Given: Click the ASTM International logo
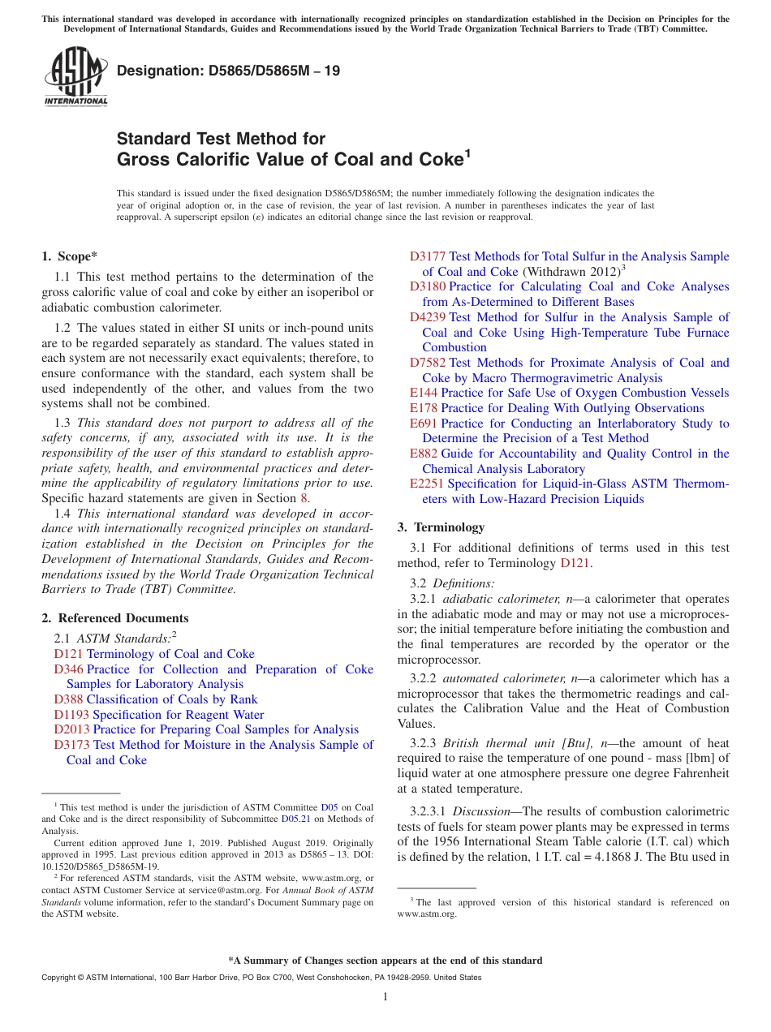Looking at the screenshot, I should [75, 78].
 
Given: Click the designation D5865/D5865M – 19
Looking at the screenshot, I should [228, 71].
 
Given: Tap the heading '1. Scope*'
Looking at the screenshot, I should [69, 256].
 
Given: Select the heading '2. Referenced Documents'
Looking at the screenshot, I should [114, 618].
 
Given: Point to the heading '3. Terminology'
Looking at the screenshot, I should [441, 527].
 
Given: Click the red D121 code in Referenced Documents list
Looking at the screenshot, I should [68, 654].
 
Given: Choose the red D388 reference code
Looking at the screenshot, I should [68, 699].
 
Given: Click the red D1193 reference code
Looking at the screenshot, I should [71, 715].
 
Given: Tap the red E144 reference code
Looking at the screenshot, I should [424, 393].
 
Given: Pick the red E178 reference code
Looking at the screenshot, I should [424, 408].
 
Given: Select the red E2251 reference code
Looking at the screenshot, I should [427, 484].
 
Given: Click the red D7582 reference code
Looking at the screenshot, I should [428, 363].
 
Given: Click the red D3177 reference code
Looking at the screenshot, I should [428, 256].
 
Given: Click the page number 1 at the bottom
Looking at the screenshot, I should [385, 996].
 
